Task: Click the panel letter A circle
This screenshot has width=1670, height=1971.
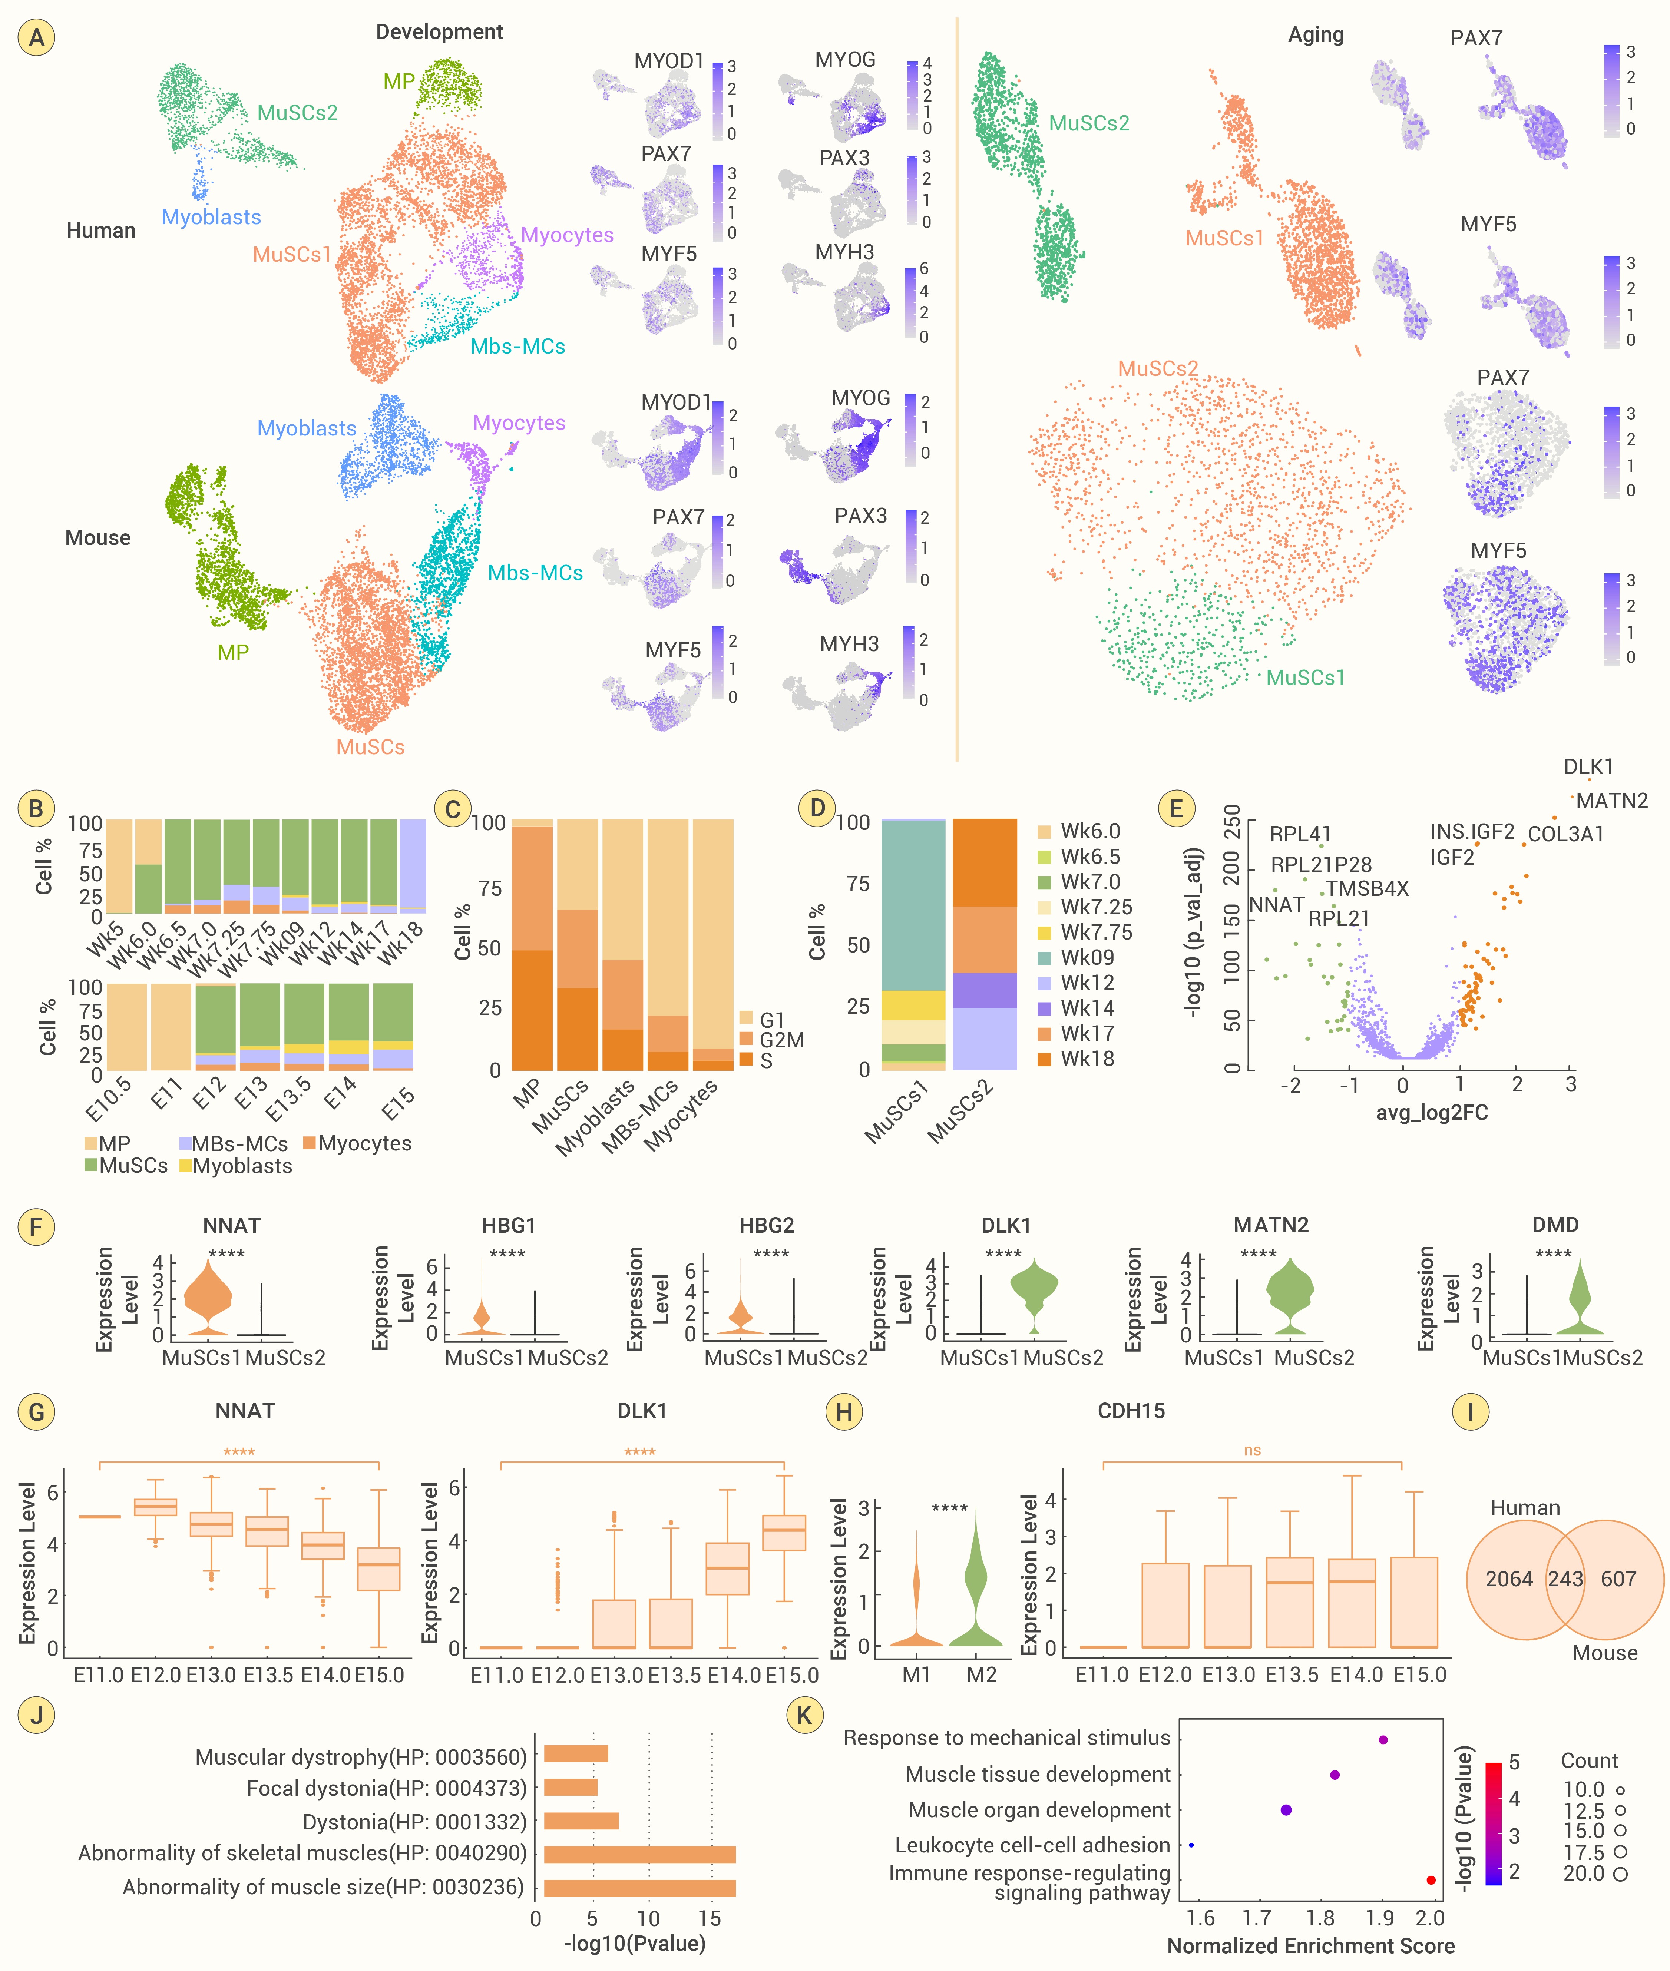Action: coord(36,38)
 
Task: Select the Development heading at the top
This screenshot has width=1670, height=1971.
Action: coord(439,32)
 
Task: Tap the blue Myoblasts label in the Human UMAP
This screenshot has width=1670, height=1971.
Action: coord(211,217)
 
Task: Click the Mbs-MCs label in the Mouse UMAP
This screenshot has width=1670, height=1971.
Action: coord(535,573)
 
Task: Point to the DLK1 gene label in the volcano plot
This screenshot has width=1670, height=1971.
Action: coord(1588,767)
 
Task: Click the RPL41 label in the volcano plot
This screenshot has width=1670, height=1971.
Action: coord(1300,834)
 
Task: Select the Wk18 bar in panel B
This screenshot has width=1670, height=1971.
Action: coord(413,866)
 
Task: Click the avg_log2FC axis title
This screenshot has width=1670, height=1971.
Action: coord(1431,1112)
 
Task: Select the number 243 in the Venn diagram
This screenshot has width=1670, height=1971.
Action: coord(1565,1579)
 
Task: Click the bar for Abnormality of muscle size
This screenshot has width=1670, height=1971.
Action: coord(639,1888)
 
